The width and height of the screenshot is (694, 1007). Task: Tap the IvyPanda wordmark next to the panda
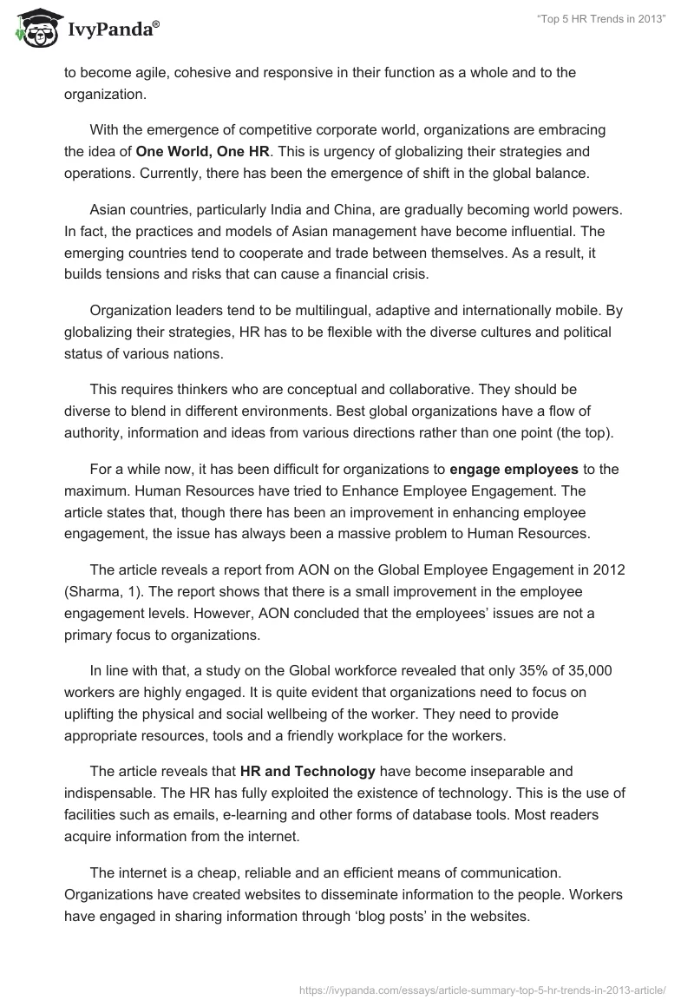point(113,32)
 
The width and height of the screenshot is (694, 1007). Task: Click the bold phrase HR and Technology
point(307,770)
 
